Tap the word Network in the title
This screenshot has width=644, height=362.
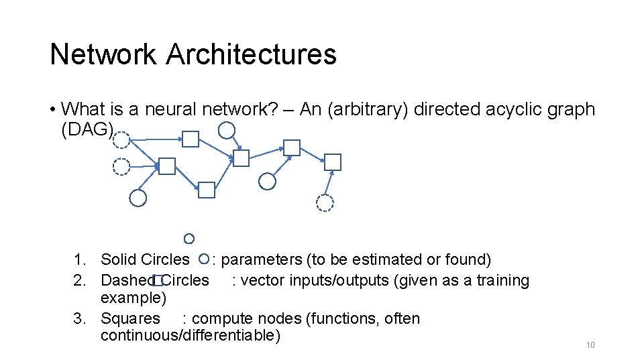pyautogui.click(x=103, y=54)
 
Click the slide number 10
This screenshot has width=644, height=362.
pyautogui.click(x=590, y=345)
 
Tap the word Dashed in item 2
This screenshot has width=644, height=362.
pyautogui.click(x=128, y=280)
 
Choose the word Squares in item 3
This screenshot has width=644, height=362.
pyautogui.click(x=130, y=318)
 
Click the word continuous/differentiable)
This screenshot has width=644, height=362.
pyautogui.click(x=190, y=335)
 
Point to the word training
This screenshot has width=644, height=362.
pyautogui.click(x=502, y=280)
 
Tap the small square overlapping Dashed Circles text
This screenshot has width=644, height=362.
pyautogui.click(x=158, y=281)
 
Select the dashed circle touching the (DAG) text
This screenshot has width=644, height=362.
pyautogui.click(x=121, y=139)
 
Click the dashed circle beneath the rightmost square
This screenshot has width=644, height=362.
pyautogui.click(x=325, y=203)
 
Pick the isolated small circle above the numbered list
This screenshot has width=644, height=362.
pyautogui.click(x=189, y=239)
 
